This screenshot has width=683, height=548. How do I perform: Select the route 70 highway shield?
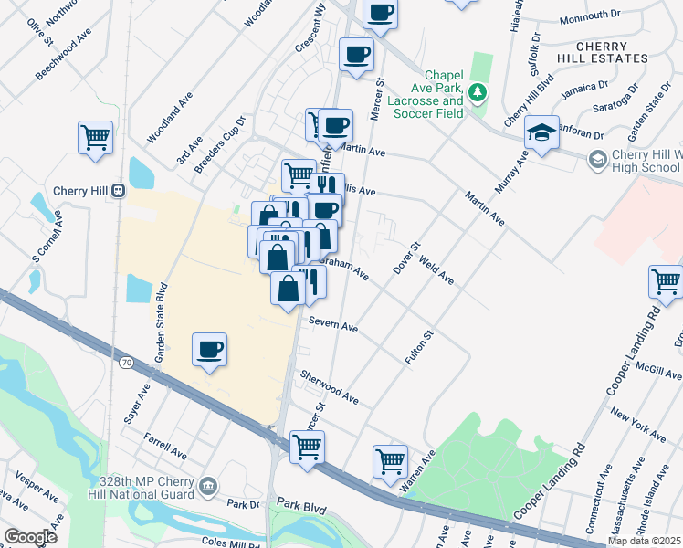click(x=125, y=363)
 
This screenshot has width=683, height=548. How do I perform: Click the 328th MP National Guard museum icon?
click(x=209, y=485)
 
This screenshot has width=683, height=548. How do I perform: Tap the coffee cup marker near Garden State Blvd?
click(x=210, y=350)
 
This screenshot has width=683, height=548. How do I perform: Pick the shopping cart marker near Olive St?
click(x=95, y=139)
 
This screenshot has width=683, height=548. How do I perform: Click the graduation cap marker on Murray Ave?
click(x=541, y=133)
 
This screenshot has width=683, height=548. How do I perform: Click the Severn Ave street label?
click(x=332, y=323)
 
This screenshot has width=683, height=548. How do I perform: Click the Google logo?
click(x=30, y=536)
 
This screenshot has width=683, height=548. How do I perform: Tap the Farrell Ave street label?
click(x=164, y=447)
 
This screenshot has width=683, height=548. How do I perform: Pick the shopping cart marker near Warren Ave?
click(x=390, y=461)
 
